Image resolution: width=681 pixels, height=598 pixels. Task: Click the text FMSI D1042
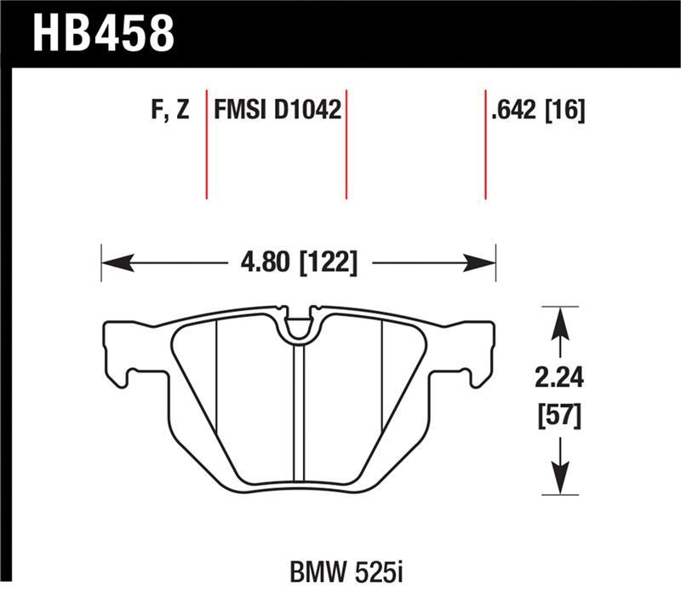point(278,112)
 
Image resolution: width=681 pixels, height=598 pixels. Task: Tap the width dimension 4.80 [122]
point(297,262)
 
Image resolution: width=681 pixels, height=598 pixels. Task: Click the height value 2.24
point(560,377)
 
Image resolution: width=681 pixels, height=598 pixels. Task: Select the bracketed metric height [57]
point(560,417)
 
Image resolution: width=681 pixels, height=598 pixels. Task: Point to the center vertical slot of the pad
point(298,409)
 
